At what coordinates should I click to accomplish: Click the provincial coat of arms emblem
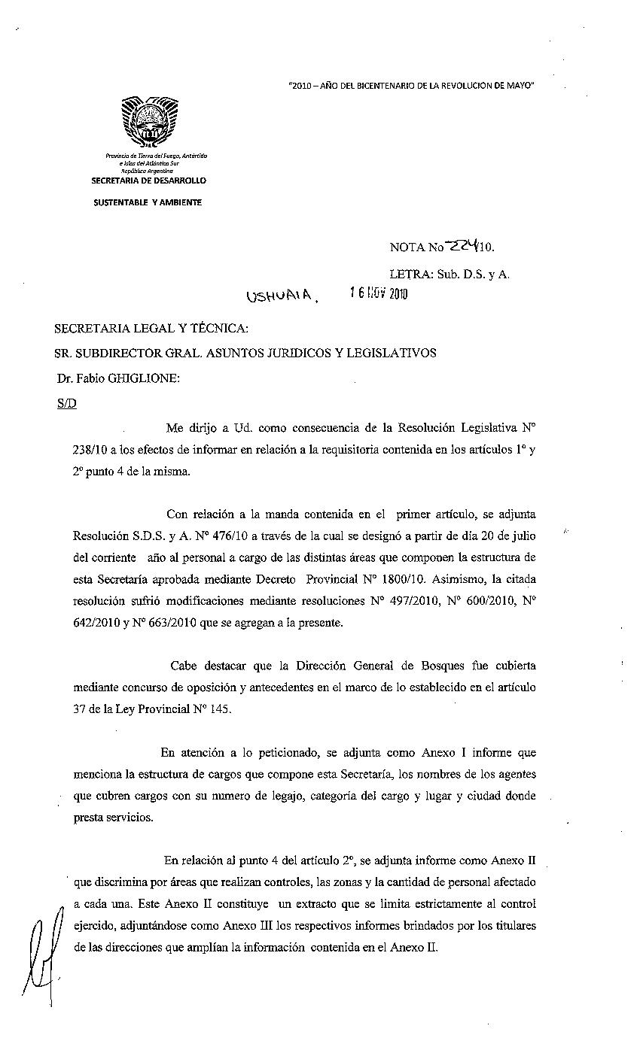[148, 123]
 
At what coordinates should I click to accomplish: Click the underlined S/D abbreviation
[66, 403]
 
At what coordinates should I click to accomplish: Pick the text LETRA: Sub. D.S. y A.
[450, 274]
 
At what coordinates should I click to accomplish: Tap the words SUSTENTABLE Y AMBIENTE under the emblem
[148, 202]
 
